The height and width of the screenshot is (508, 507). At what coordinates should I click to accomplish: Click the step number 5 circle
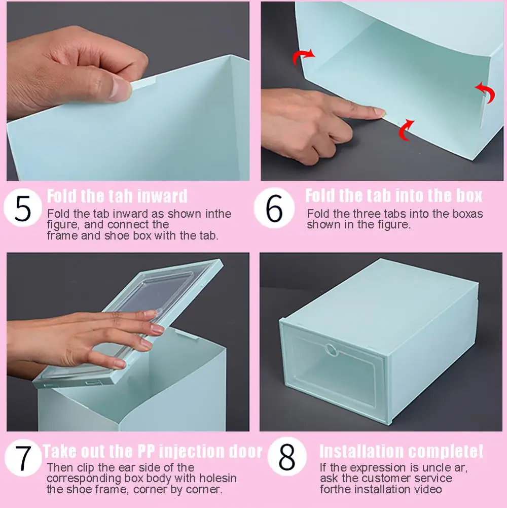[23, 210]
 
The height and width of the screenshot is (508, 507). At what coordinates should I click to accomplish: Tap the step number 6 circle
[274, 210]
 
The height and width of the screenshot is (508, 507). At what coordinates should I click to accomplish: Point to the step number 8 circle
[286, 458]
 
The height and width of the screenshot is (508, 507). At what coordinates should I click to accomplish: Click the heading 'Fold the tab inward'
[117, 196]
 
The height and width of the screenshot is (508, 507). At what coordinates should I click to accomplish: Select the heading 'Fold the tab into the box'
[393, 196]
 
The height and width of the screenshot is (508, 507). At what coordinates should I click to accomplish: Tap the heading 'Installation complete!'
[401, 451]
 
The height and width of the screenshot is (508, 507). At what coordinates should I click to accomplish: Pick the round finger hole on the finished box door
[332, 350]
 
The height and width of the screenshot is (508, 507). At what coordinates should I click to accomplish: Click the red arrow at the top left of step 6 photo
[304, 57]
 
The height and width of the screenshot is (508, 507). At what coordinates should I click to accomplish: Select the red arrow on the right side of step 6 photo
[485, 93]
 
